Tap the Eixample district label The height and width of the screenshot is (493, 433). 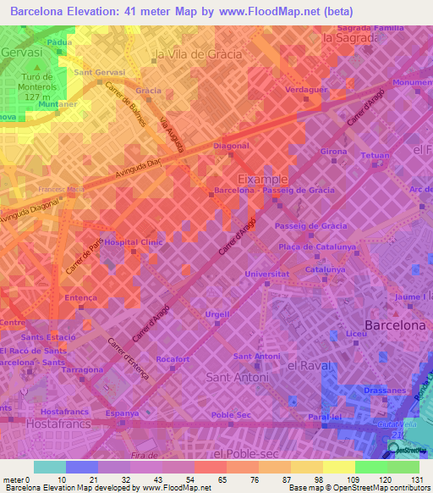click(262, 180)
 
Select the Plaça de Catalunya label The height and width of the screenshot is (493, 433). click(315, 246)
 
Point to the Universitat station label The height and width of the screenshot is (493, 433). click(266, 274)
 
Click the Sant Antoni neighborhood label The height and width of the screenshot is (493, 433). click(245, 373)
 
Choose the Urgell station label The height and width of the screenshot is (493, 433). click(217, 314)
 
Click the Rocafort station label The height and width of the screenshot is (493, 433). click(172, 359)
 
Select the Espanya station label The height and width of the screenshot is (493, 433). click(122, 414)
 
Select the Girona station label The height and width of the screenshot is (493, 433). click(333, 152)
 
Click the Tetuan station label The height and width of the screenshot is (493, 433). click(375, 156)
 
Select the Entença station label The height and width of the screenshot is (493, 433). click(80, 297)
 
